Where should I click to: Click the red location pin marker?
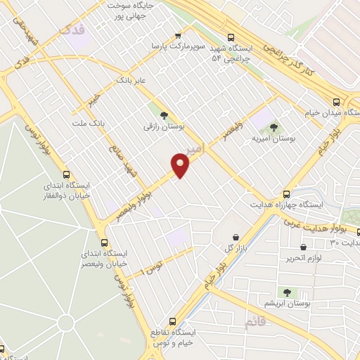[x=181, y=166]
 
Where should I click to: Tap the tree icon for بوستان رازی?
[x=164, y=115]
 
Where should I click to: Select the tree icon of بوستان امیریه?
[x=274, y=127]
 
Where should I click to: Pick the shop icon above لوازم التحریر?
[x=303, y=247]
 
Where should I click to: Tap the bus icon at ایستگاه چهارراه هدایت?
[x=286, y=194]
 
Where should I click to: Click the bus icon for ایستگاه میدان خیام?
[x=337, y=101]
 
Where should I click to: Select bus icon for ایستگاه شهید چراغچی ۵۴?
[x=231, y=39]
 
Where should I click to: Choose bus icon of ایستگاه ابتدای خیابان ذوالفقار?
[x=67, y=175]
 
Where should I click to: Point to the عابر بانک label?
[x=131, y=80]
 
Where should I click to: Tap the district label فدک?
[x=73, y=30]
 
